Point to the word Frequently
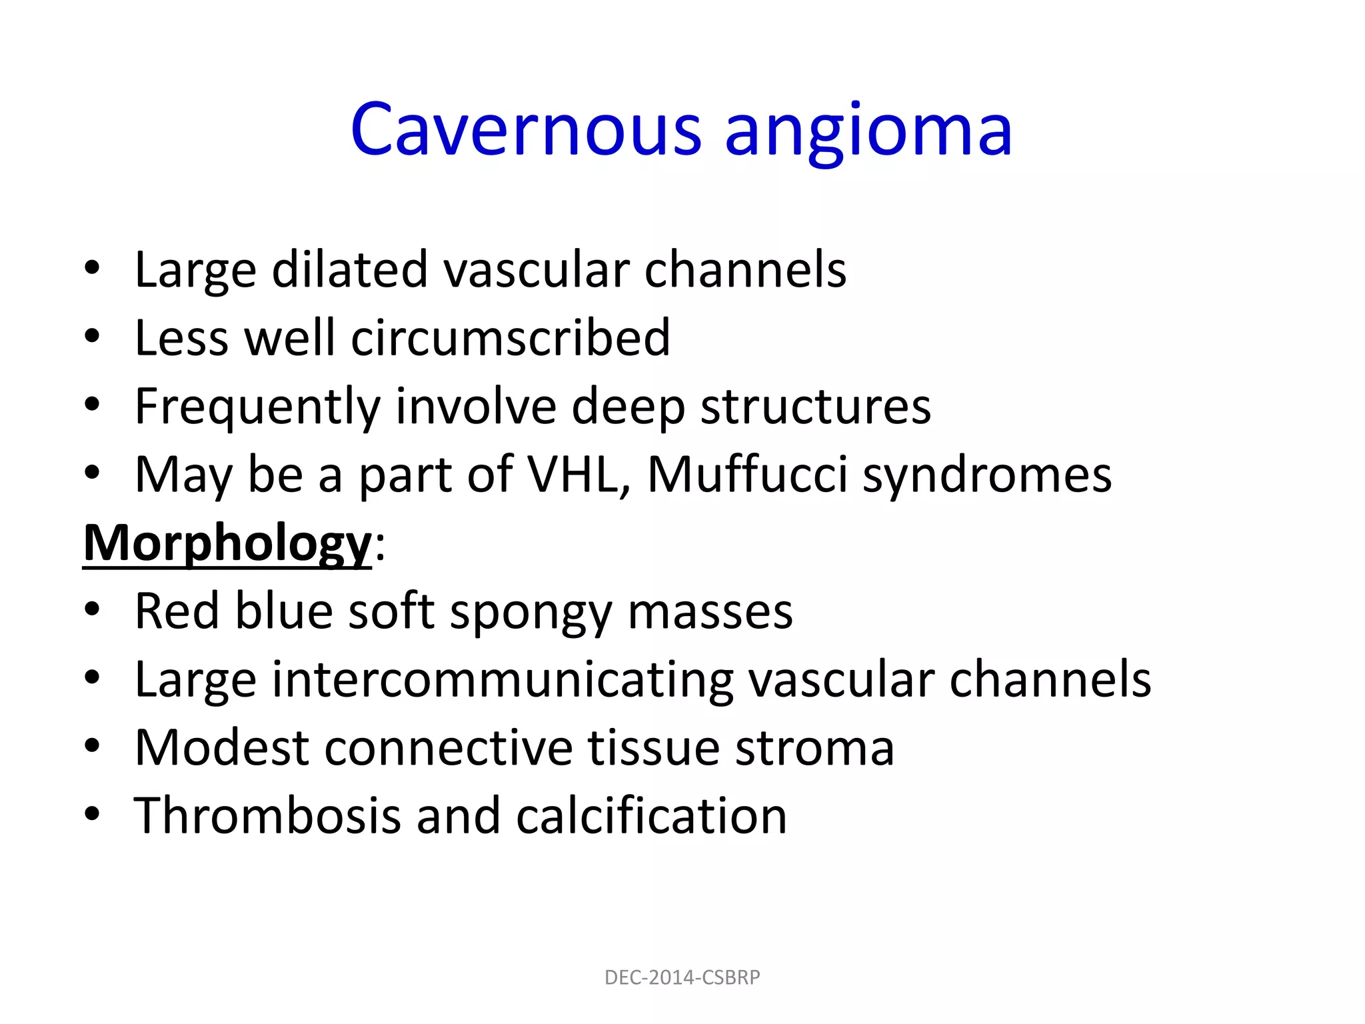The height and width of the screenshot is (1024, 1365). pyautogui.click(x=257, y=407)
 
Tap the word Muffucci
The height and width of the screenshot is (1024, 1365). pyautogui.click(x=747, y=475)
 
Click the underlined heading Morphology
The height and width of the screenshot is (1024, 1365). pyautogui.click(x=227, y=544)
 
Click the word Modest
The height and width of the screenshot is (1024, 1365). pyautogui.click(x=222, y=748)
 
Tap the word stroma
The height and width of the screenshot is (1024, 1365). pyautogui.click(x=814, y=748)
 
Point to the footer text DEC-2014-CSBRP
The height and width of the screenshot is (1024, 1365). pyautogui.click(x=682, y=977)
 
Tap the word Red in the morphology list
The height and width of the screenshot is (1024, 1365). pyautogui.click(x=177, y=611)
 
